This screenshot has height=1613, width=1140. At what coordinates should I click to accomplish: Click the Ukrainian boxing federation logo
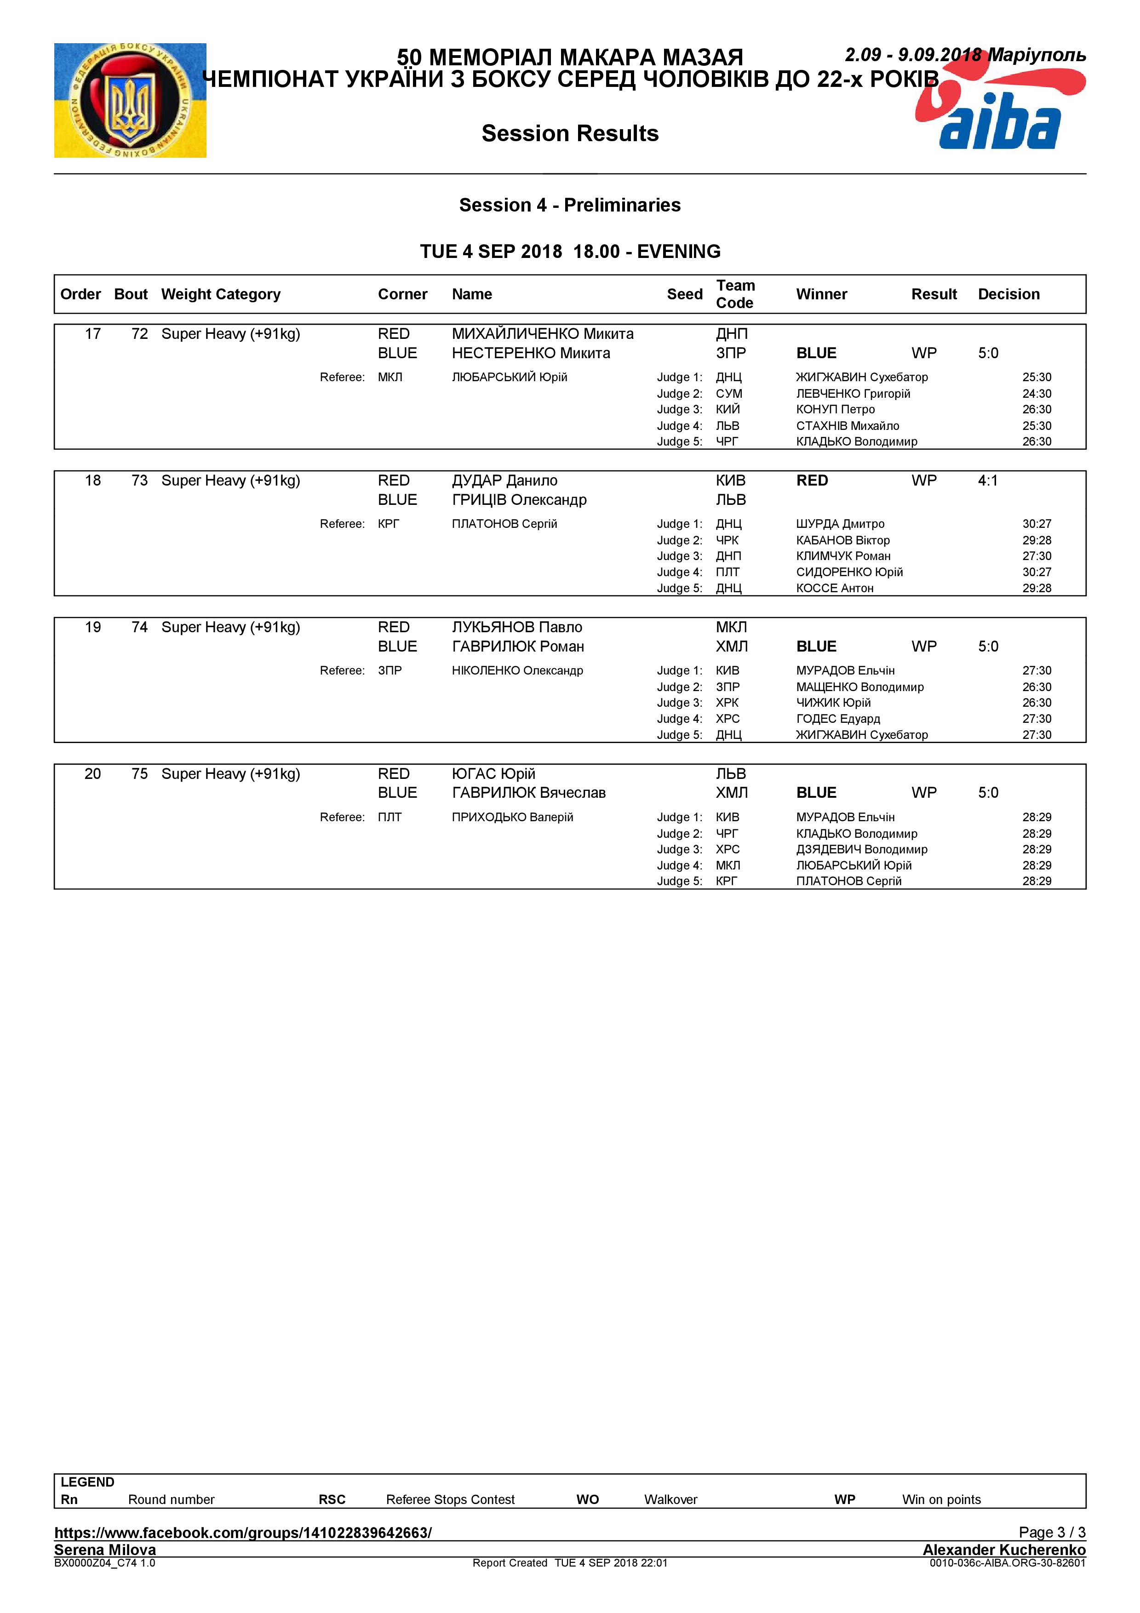130,100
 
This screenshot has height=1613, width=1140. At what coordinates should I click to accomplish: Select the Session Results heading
570,133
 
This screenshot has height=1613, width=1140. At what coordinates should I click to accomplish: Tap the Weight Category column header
221,294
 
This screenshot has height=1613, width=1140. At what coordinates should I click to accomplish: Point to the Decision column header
1008,294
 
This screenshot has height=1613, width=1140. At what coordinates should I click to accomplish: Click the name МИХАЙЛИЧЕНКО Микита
542,334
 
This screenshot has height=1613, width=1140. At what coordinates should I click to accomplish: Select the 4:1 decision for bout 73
988,480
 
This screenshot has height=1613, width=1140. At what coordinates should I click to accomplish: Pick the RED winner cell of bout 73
812,480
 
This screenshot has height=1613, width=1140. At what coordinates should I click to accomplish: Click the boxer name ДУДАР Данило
504,480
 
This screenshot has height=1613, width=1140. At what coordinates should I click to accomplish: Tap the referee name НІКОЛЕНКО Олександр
517,670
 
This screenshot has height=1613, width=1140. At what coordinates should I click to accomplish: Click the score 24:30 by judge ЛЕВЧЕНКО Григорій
1036,394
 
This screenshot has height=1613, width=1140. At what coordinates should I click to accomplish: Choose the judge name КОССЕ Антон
835,588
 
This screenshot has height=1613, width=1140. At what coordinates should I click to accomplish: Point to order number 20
93,773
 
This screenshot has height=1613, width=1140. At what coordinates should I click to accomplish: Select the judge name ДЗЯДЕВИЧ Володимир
861,849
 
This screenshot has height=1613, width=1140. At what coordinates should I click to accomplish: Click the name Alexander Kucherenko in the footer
1004,1549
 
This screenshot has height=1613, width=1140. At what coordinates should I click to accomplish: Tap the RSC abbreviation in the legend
332,1499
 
